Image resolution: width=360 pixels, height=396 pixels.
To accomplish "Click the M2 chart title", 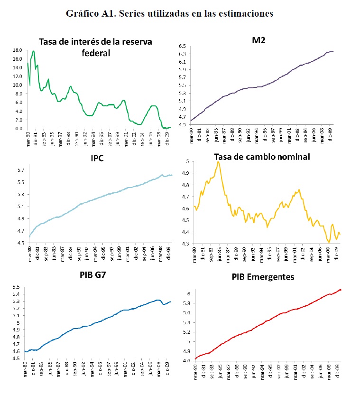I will (259, 39).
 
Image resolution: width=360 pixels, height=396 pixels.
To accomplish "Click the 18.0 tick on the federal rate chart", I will (18, 50).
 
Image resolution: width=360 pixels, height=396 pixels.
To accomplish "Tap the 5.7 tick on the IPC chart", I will (20, 170).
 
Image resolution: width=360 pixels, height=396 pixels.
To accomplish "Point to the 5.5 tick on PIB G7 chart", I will (16, 288).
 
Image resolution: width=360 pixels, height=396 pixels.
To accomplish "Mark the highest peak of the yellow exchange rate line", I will (218, 162).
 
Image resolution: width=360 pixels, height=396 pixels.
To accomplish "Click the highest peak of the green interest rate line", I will (33, 51).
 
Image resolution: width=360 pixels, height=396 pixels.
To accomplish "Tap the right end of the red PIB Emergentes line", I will (341, 290).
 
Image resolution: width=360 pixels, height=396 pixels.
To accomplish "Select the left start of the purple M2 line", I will (191, 121).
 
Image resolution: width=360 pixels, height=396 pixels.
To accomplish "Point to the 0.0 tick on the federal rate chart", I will (19, 129).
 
